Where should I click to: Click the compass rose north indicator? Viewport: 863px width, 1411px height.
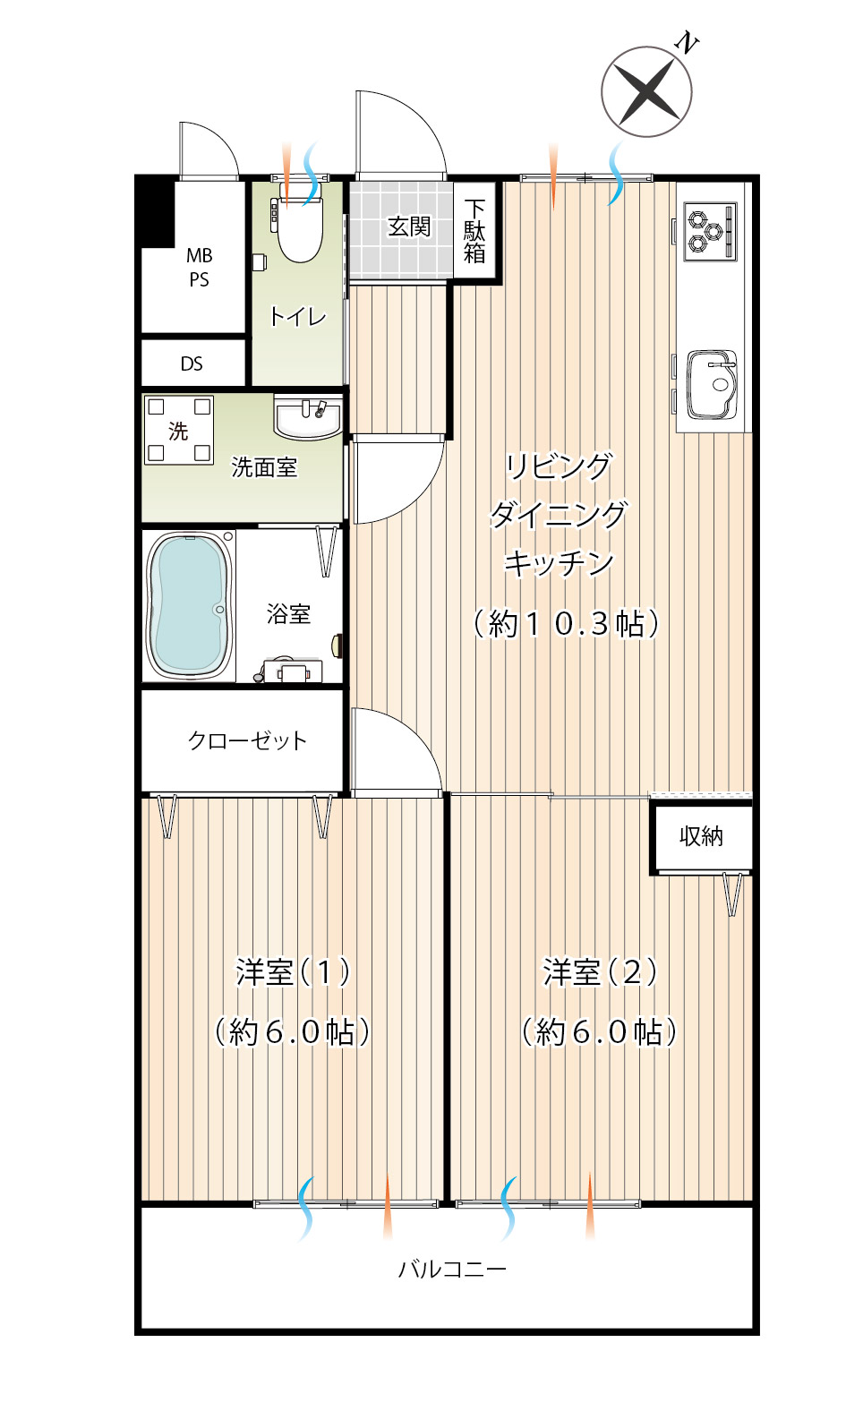click(x=647, y=91)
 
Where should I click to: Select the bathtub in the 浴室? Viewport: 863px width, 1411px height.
click(x=189, y=605)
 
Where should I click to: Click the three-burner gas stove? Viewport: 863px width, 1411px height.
click(x=710, y=231)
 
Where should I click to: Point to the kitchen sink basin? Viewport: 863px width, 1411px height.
click(x=711, y=384)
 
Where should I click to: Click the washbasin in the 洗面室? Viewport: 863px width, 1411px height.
click(x=307, y=416)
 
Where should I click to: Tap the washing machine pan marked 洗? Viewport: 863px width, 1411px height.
click(x=179, y=431)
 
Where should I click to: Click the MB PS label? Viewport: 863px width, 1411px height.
click(x=199, y=268)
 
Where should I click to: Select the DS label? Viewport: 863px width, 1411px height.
click(x=192, y=364)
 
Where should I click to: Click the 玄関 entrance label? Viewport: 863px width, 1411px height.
click(x=409, y=227)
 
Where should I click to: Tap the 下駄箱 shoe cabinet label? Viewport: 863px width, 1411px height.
click(x=475, y=231)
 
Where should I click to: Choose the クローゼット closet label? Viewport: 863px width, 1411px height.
click(x=248, y=740)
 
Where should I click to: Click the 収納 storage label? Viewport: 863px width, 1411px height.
click(x=701, y=836)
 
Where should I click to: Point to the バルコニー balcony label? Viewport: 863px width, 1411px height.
click(x=452, y=1269)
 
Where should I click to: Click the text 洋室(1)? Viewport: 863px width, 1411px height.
click(x=293, y=972)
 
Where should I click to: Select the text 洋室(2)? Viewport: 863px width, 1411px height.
click(x=601, y=972)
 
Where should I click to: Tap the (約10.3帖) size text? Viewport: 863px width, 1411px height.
click(x=566, y=624)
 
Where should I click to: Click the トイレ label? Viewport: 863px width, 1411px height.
click(x=298, y=317)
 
